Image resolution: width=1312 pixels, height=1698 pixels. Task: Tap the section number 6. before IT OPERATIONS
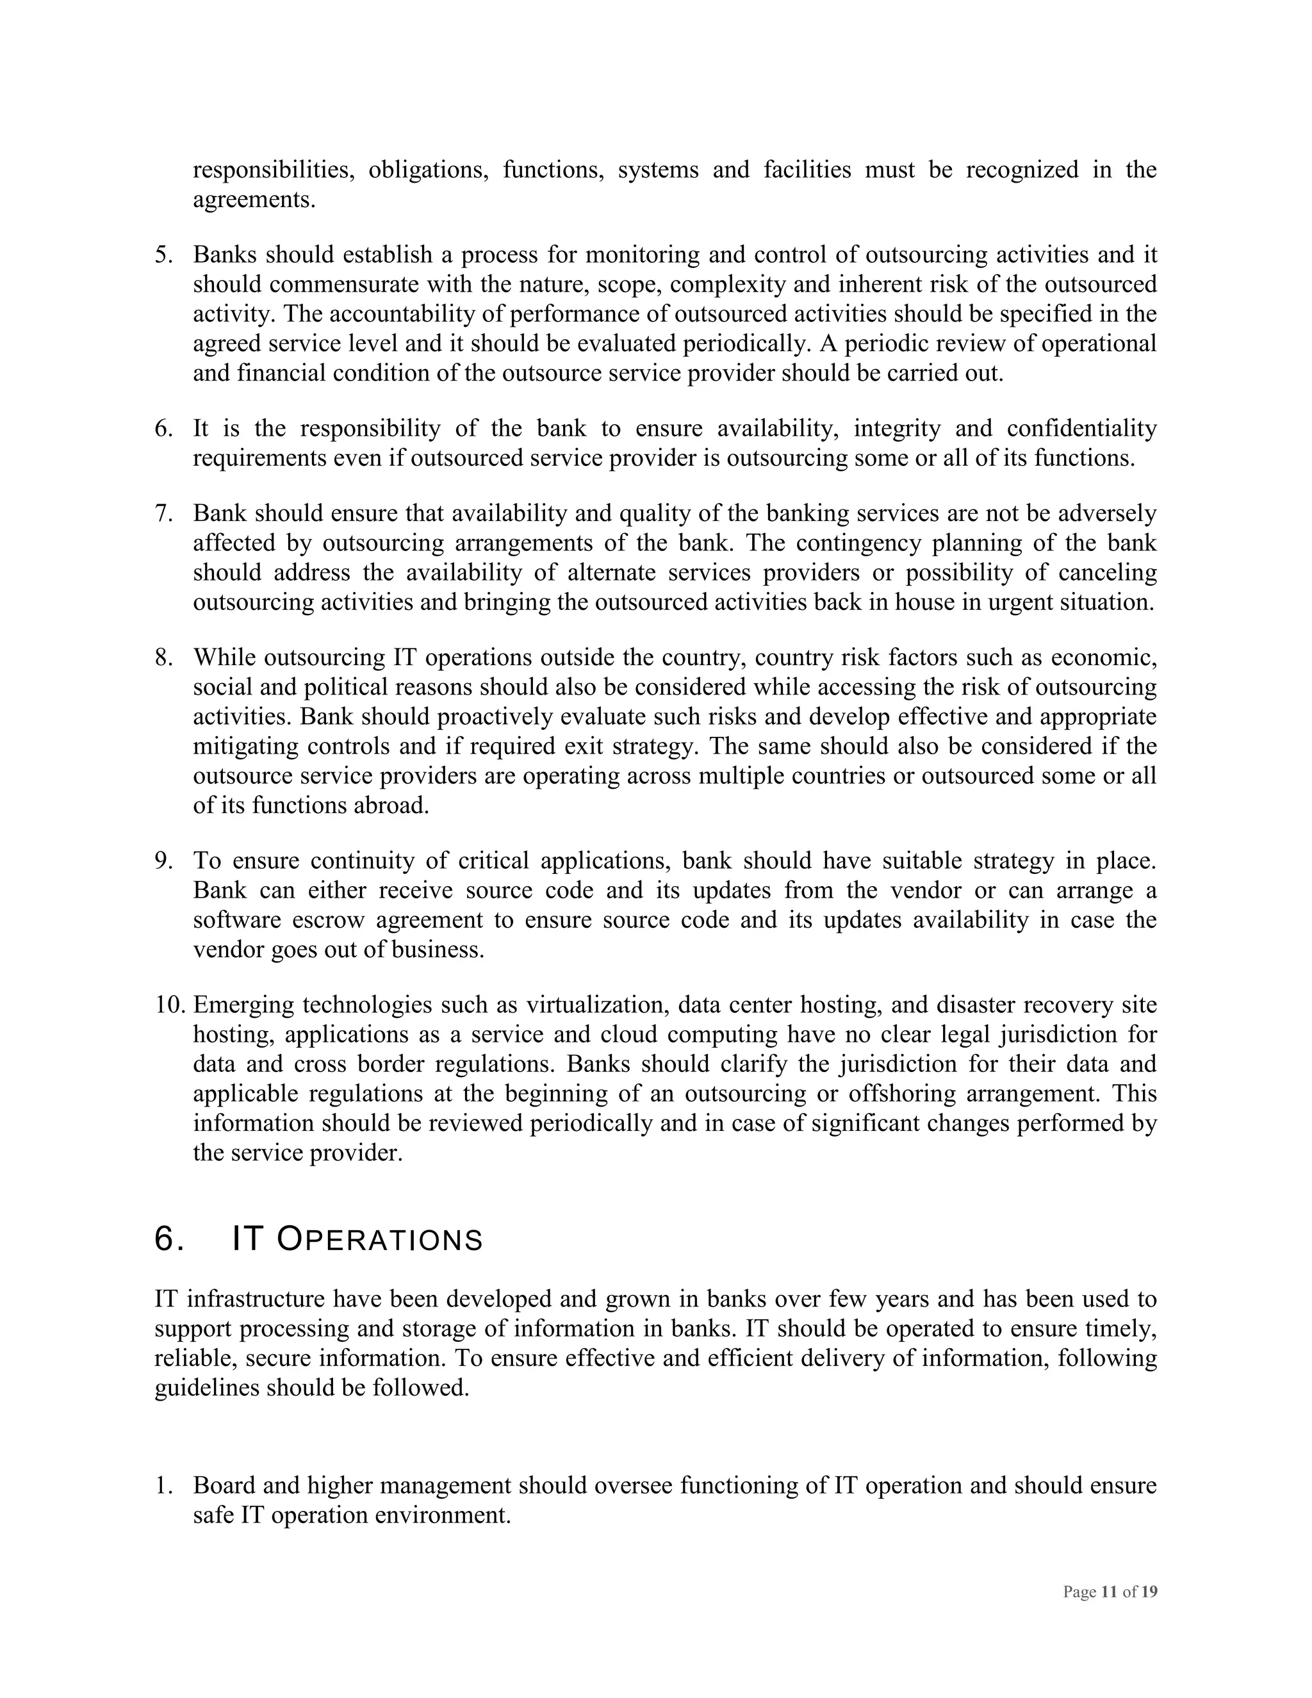coord(168,1239)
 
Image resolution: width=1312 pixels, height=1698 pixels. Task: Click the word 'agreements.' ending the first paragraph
coord(254,200)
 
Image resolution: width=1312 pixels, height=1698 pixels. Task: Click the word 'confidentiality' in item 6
coord(1081,429)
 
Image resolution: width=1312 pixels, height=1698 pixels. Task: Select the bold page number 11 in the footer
coord(1109,1592)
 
